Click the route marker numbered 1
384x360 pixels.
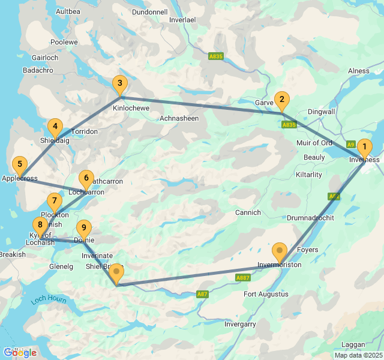pyautogui.click(x=364, y=147)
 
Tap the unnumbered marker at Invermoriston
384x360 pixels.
pyautogui.click(x=280, y=251)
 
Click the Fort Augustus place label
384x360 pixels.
pyautogui.click(x=266, y=294)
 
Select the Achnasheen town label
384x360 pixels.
pyautogui.click(x=179, y=119)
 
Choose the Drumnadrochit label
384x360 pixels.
pyautogui.click(x=310, y=217)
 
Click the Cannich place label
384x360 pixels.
pyautogui.click(x=248, y=212)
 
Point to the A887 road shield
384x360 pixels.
pyautogui.click(x=242, y=278)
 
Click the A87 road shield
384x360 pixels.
pyautogui.click(x=203, y=294)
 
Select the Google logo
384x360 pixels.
pyautogui.click(x=20, y=352)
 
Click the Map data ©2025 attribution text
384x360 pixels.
pyautogui.click(x=358, y=355)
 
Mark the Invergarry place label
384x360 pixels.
pyautogui.click(x=240, y=324)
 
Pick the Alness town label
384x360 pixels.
pyautogui.click(x=359, y=71)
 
